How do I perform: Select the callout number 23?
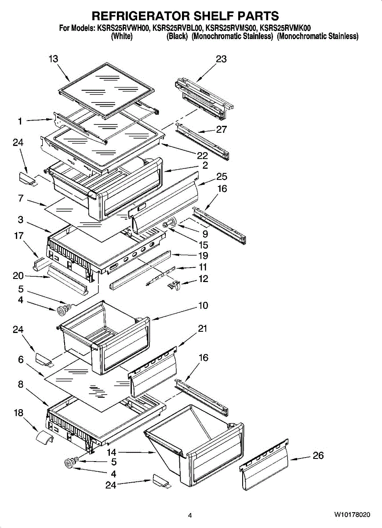(221, 59)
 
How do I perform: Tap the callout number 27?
(221, 129)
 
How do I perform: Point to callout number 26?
(318, 456)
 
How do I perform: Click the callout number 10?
(203, 305)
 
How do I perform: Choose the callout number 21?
(203, 329)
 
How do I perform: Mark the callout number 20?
(18, 276)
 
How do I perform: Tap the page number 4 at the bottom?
(190, 515)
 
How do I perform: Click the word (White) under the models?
(122, 37)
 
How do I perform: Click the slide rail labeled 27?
(203, 141)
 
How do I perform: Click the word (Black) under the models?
(177, 37)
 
